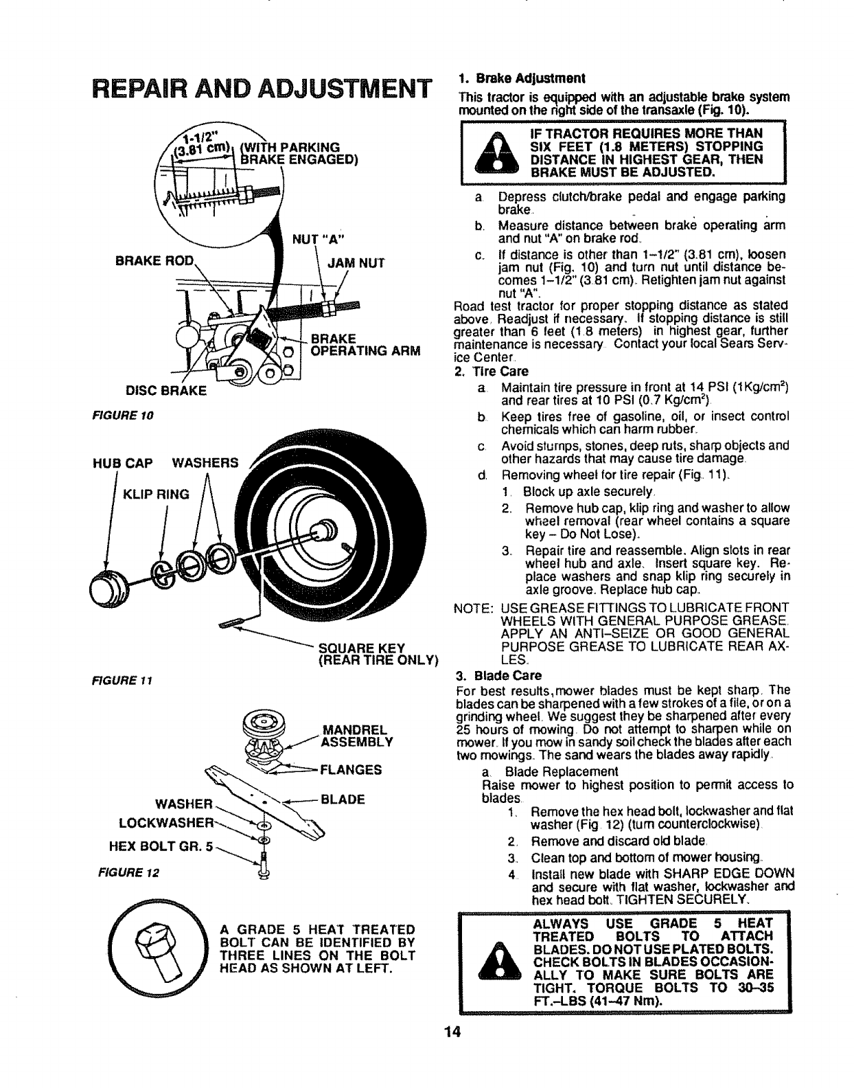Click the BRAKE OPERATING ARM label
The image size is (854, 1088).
tap(365, 345)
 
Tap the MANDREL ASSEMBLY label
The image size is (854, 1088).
tap(356, 734)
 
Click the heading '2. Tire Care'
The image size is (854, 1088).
tap(491, 372)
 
